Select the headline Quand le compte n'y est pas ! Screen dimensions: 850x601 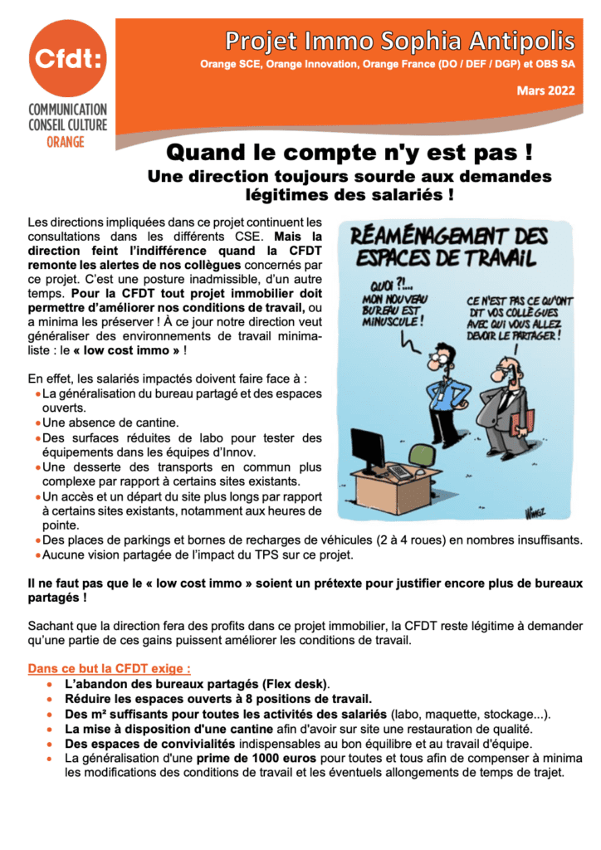349,153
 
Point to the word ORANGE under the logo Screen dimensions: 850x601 66,142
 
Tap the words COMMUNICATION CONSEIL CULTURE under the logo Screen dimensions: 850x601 67,117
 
